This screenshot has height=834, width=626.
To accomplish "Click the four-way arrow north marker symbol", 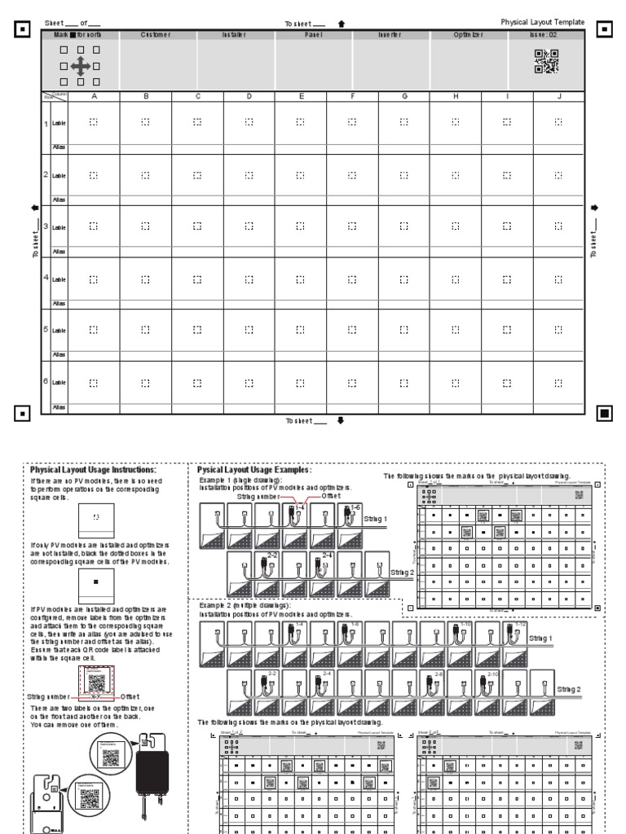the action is [x=82, y=66].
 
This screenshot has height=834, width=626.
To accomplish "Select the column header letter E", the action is [x=301, y=97].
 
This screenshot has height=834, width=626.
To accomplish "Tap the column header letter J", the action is [x=558, y=97].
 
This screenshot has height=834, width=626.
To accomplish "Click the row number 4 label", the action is [x=46, y=278].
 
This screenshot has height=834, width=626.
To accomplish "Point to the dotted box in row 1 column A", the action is [x=94, y=122].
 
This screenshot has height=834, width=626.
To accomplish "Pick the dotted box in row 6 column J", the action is [x=558, y=382].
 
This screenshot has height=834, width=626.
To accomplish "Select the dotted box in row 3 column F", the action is [x=352, y=226].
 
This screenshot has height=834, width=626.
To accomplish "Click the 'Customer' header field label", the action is [x=156, y=36].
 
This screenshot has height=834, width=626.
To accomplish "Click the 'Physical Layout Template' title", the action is [x=543, y=22].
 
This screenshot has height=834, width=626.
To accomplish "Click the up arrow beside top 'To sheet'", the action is [x=341, y=24].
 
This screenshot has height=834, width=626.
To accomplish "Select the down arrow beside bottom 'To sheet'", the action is [x=341, y=420].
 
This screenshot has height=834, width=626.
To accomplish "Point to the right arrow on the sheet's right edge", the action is [x=594, y=207].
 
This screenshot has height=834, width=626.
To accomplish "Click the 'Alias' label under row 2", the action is [x=59, y=200].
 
